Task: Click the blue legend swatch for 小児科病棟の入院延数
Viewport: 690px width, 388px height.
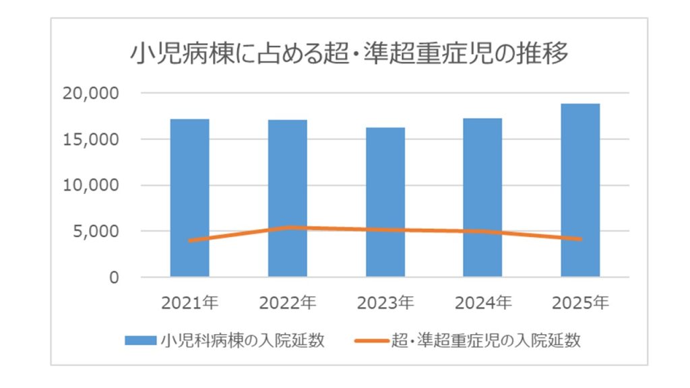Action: coord(142,341)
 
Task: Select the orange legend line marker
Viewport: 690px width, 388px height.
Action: coord(371,341)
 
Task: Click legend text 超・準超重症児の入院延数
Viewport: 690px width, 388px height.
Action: coord(485,341)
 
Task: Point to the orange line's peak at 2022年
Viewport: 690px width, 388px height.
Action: coord(288,227)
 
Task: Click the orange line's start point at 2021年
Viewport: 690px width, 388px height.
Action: coord(189,240)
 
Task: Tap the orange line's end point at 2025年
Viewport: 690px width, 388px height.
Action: coord(580,238)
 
